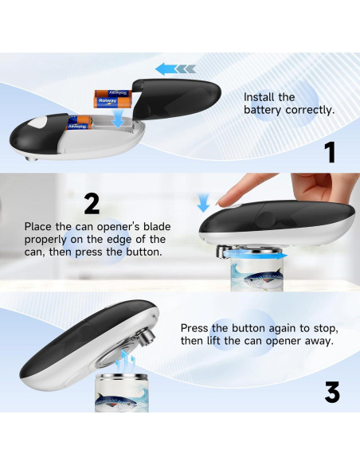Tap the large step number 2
(x=92, y=204)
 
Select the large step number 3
(x=332, y=392)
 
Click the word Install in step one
(x=258, y=97)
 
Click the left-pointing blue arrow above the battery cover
(x=175, y=69)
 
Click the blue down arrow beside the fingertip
(x=203, y=202)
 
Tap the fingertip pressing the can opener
(x=223, y=202)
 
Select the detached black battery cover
(x=177, y=99)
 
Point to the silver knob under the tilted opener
(x=147, y=336)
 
